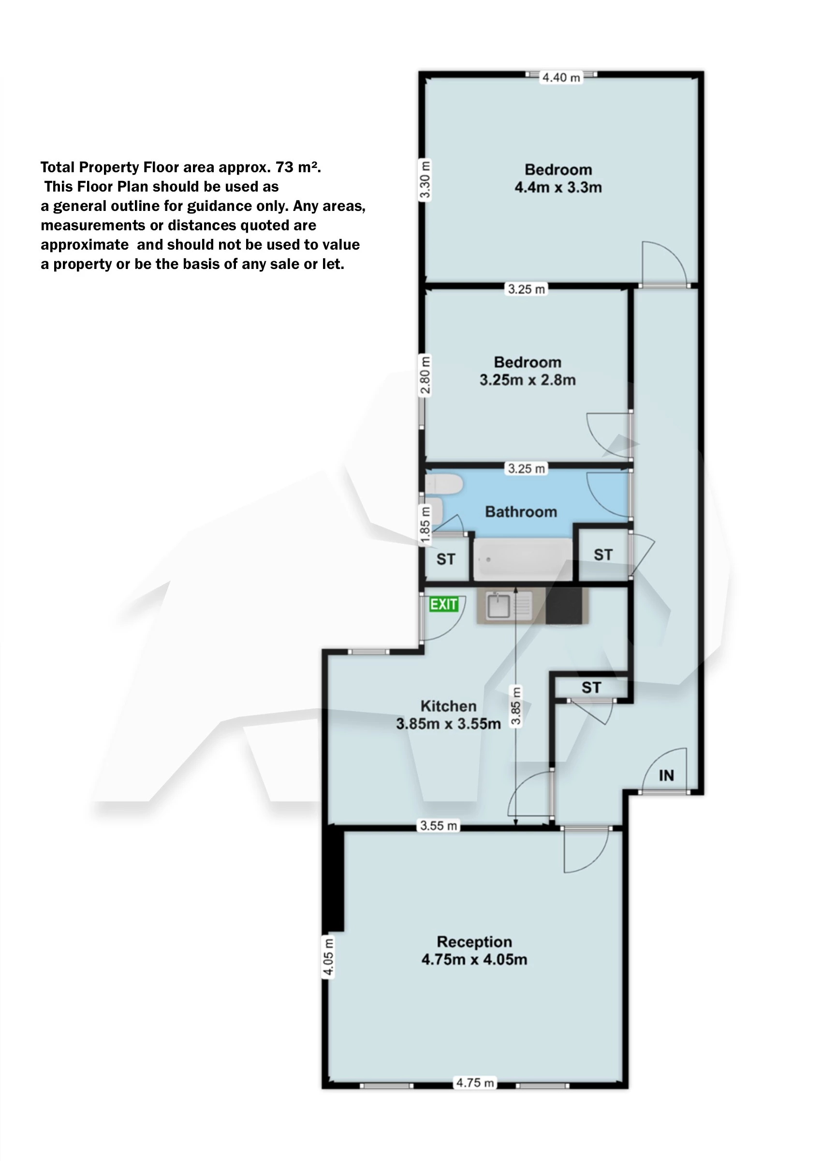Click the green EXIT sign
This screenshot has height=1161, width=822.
point(444,604)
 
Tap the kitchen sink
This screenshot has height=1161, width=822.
point(498,606)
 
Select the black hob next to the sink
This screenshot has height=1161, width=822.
point(563,606)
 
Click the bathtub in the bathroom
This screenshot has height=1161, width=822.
point(522,560)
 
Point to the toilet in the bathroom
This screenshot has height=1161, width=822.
point(444,484)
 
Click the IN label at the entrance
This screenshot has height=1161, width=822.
point(666,775)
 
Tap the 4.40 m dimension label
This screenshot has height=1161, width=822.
point(561,77)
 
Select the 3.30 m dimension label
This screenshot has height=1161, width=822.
point(425,180)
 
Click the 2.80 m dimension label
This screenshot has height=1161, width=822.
point(425,375)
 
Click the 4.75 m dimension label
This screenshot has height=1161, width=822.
point(475,1083)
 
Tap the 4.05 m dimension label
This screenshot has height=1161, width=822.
point(328,956)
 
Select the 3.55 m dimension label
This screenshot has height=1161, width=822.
point(439,826)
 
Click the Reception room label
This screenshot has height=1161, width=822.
point(474,941)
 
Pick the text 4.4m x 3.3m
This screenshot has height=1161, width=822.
point(558,188)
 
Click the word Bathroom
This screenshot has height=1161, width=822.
point(521,512)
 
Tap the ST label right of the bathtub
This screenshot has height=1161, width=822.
point(603,555)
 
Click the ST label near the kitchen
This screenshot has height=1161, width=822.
point(591,687)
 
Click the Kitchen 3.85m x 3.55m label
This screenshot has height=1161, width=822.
point(448,715)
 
